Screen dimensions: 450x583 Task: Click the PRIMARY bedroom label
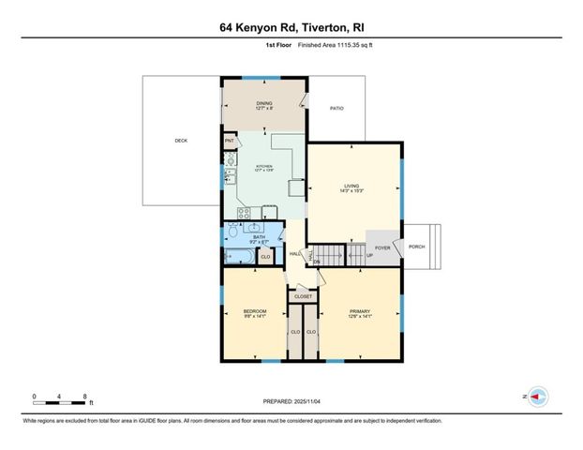tap(361, 314)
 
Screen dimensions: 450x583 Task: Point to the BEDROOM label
tap(255, 313)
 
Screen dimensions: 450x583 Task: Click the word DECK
tap(181, 142)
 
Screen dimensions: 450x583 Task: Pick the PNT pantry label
tap(229, 142)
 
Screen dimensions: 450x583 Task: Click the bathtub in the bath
tap(238, 256)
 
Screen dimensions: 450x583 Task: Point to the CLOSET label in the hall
tap(303, 297)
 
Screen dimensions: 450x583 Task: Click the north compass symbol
tap(537, 397)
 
